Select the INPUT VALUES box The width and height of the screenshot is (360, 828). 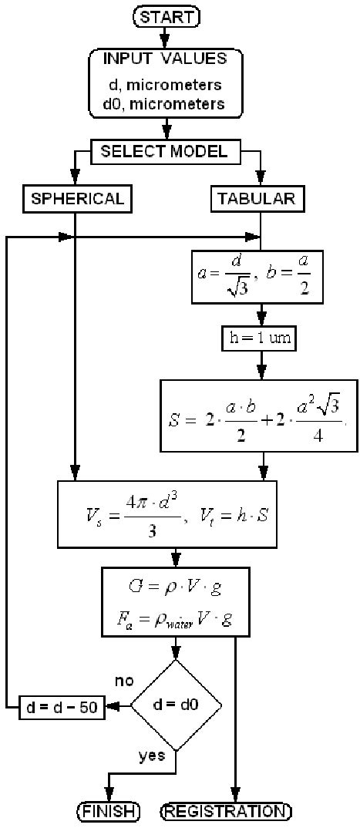(x=165, y=82)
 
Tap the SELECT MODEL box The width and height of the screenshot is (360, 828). (x=165, y=151)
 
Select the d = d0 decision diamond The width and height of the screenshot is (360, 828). (x=176, y=705)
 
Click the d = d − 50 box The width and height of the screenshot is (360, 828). (x=61, y=706)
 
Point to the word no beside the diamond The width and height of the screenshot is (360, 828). (x=124, y=682)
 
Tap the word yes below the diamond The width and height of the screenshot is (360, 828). (x=153, y=756)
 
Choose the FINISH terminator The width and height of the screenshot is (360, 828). (x=109, y=810)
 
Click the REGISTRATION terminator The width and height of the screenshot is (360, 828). (x=226, y=810)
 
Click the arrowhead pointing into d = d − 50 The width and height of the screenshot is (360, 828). (x=113, y=706)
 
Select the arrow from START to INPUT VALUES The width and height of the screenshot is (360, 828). (x=165, y=35)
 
